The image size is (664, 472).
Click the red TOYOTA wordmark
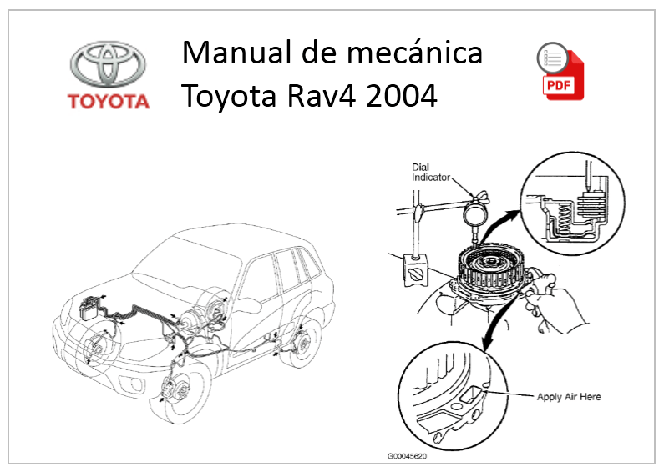(x=109, y=103)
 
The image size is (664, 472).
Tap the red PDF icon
(x=560, y=73)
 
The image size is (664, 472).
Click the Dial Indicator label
(x=432, y=173)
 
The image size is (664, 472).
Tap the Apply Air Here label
(x=569, y=397)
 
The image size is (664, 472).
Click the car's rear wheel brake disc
(x=300, y=344)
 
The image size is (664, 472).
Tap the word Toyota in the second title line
(x=234, y=97)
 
